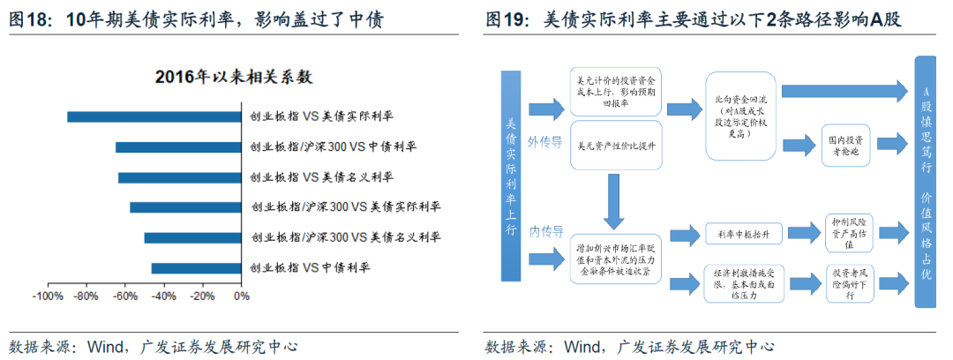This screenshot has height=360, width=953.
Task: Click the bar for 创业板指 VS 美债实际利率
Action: (154, 116)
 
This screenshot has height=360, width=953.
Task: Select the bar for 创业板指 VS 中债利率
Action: (196, 267)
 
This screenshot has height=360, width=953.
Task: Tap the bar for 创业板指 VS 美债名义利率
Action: (180, 177)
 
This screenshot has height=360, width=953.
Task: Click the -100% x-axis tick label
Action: (48, 296)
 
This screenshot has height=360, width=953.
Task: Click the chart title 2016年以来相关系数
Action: (234, 77)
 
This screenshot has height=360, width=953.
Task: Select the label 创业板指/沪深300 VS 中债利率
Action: (333, 146)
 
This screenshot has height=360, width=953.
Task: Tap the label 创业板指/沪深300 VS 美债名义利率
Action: (345, 237)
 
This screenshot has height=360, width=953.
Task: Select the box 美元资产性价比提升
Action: (615, 146)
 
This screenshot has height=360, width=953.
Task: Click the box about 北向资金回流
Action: (739, 116)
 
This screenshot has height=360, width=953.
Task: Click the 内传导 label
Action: (544, 232)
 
